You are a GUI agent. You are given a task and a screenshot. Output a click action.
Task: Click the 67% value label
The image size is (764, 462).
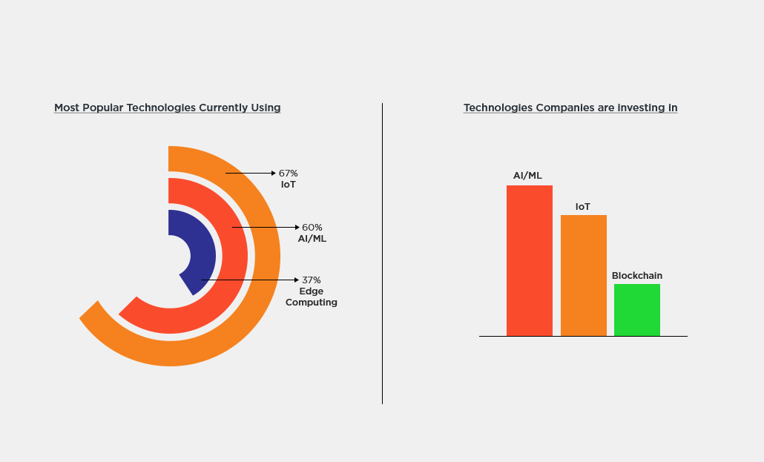[288, 174]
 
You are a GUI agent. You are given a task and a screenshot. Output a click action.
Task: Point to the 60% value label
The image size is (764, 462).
[312, 228]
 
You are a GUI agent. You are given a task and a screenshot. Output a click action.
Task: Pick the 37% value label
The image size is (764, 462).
[312, 280]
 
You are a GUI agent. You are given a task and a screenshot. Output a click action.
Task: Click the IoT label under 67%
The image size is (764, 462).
[288, 185]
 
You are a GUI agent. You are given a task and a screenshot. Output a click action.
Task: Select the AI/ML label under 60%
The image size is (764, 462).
[312, 239]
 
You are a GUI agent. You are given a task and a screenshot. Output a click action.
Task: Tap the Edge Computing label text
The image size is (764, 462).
[312, 297]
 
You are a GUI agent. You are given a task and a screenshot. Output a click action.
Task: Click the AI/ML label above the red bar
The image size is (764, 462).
[527, 176]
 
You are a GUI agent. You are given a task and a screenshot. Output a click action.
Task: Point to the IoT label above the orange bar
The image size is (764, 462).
[583, 206]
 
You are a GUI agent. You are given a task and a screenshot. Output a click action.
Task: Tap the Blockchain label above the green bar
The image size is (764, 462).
[636, 276]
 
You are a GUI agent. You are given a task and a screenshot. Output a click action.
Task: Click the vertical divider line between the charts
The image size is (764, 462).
[382, 253]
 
